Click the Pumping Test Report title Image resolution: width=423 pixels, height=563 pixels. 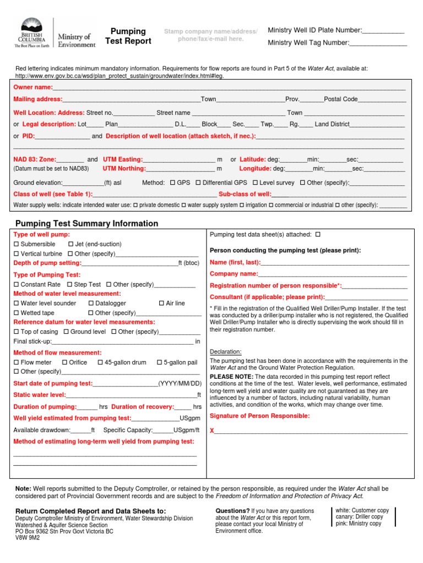coord(128,36)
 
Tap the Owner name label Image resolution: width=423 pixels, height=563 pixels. coord(33,87)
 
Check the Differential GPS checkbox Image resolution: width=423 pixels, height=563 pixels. coord(198,183)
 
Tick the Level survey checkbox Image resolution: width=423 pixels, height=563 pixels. coord(256,183)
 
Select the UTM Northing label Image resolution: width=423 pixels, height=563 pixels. coord(124,169)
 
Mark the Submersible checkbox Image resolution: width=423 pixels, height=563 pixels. coord(16,244)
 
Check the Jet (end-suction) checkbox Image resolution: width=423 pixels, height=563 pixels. coord(70,244)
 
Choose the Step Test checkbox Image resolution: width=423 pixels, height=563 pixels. coord(69,285)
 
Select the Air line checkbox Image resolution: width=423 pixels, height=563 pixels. coord(161,303)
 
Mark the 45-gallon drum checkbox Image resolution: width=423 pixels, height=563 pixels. coord(100,363)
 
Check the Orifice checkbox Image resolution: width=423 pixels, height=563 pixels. coord(65,363)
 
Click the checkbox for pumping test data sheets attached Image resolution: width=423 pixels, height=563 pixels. coord(318,235)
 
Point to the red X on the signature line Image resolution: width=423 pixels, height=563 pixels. coord(212,430)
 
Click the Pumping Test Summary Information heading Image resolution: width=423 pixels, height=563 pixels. coord(86,224)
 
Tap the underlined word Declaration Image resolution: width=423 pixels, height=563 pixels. coord(226,352)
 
